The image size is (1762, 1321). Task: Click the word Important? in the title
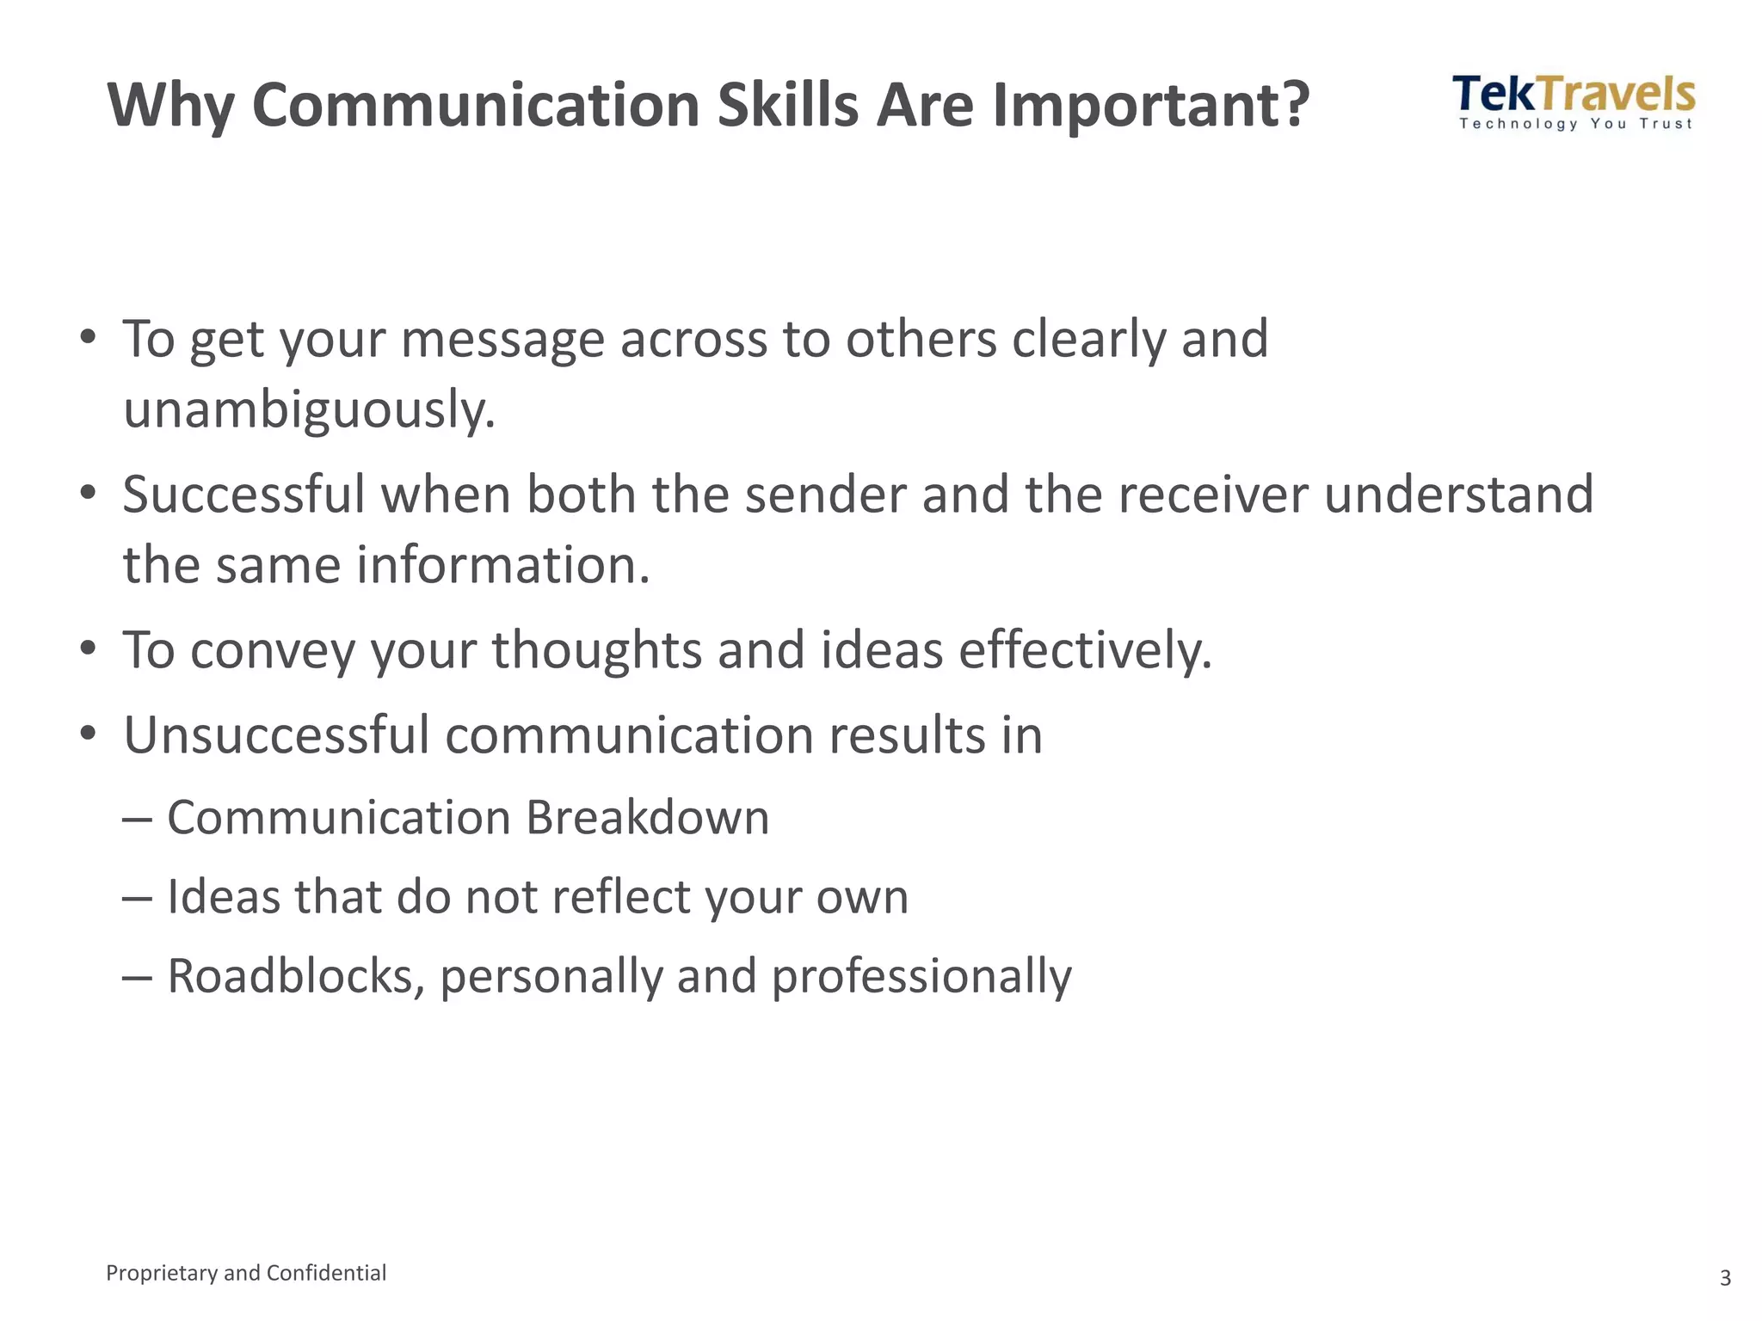pos(1150,105)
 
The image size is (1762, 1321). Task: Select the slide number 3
pos(1725,1278)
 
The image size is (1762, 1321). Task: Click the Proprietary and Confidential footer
pos(246,1273)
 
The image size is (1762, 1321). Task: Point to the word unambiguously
pos(309,410)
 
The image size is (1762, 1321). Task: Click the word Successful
pos(243,495)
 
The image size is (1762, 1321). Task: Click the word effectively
pos(1085,649)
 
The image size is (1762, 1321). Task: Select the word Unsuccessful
pos(276,735)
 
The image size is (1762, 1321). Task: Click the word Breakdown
pos(647,817)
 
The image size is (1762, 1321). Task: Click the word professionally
pos(921,977)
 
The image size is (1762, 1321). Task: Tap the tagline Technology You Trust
pos(1575,124)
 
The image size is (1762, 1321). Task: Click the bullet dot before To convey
pos(88,648)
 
